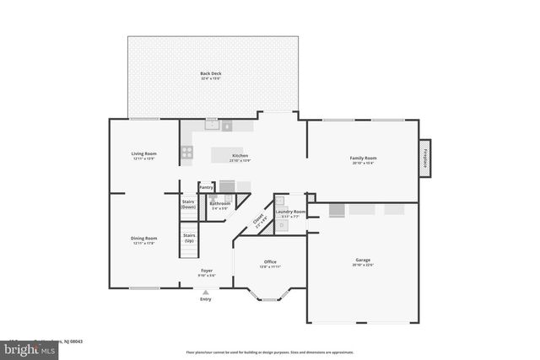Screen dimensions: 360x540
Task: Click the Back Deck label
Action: click(211, 73)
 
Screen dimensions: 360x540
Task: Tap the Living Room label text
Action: click(143, 153)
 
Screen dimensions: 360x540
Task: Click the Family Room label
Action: click(363, 158)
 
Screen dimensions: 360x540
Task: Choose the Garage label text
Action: click(363, 261)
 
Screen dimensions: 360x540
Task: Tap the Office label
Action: click(270, 261)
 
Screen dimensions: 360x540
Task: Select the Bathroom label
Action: click(220, 203)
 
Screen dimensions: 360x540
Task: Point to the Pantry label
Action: click(206, 187)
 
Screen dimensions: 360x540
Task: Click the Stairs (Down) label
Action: click(189, 204)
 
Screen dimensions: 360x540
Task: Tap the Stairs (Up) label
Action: click(189, 238)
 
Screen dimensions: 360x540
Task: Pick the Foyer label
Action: click(207, 271)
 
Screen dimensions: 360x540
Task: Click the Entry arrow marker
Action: click(206, 292)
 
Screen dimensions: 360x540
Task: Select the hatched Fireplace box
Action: click(425, 159)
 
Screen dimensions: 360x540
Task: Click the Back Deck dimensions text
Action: click(211, 78)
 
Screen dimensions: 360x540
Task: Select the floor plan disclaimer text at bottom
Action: click(270, 352)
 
